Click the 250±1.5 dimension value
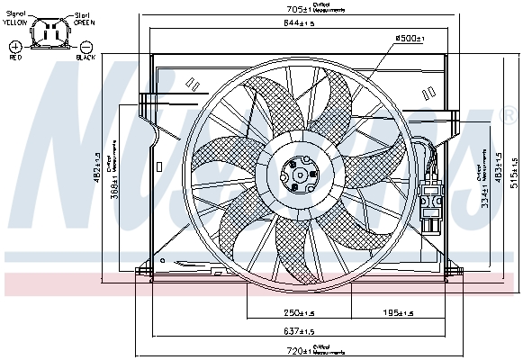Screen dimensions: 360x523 click(293, 313)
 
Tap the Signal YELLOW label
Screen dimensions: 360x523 click(16, 19)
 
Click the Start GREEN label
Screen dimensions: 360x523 click(84, 19)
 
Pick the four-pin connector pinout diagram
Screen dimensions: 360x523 click(50, 37)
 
